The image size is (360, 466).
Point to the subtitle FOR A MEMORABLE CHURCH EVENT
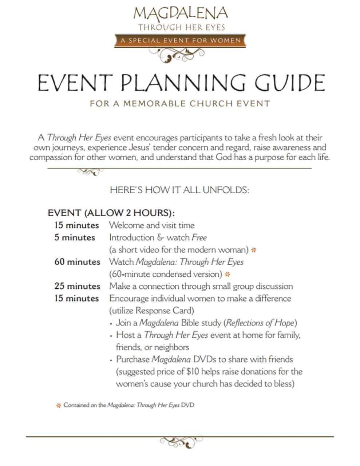coord(180,103)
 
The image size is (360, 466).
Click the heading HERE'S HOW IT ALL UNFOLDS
coord(179,190)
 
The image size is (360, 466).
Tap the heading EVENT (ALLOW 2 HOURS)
coord(111,213)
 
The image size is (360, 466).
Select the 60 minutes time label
coord(77,262)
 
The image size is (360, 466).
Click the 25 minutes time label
coord(77,286)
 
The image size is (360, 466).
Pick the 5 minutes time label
coord(75,238)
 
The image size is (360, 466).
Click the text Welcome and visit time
coord(152,225)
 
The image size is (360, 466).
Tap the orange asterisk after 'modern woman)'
coord(254,250)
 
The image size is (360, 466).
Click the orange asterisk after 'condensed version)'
coord(228,274)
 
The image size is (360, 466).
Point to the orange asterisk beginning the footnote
coord(58,406)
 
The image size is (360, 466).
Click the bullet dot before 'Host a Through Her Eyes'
coord(111,336)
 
